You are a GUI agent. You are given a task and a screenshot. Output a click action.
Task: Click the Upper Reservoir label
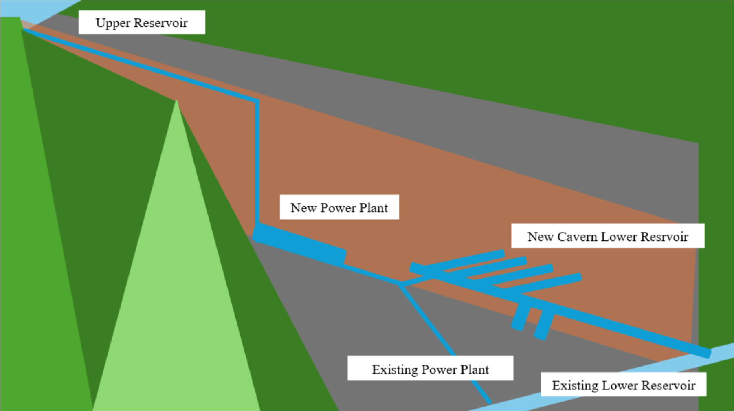[x=141, y=22]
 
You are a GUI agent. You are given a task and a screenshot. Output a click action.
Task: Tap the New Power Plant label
[x=339, y=207]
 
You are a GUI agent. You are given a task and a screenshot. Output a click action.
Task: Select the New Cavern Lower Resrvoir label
[x=607, y=236]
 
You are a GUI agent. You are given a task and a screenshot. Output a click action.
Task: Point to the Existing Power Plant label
[x=430, y=369]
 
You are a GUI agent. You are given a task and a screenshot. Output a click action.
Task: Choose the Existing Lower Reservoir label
[x=623, y=385]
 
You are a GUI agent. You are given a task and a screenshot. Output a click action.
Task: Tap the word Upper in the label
[x=113, y=23]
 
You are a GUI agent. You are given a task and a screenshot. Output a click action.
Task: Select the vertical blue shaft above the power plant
[x=257, y=163]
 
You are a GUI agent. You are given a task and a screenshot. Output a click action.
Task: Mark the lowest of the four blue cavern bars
[x=542, y=284]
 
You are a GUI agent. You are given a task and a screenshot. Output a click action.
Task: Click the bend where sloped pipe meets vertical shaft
[x=257, y=101]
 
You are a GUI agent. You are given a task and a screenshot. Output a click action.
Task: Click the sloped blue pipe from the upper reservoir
[x=138, y=66]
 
